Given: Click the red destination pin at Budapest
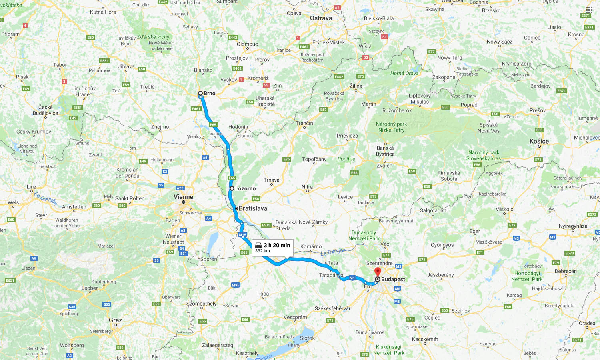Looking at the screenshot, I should (x=377, y=272).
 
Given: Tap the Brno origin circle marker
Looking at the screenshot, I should (x=200, y=94).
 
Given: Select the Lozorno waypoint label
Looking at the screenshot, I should (x=245, y=188).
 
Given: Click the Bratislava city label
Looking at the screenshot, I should (x=253, y=208).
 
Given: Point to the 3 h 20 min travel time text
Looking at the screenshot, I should (x=277, y=245).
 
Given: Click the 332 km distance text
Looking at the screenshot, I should (x=262, y=251).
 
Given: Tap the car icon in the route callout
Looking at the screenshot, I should (x=258, y=245).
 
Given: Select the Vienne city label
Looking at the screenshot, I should (x=183, y=197).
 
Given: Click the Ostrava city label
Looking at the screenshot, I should (x=321, y=18).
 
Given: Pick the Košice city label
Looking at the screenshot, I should (x=539, y=141).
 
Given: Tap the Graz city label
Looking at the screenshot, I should (x=115, y=320).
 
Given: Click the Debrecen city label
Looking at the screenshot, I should (x=566, y=271).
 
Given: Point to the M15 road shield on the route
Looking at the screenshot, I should (x=242, y=235).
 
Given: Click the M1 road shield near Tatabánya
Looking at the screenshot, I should (x=352, y=278).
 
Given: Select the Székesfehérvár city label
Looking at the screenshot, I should (x=332, y=308).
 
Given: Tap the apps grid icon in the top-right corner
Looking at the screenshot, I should (x=589, y=10).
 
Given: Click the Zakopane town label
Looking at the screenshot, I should (x=444, y=77).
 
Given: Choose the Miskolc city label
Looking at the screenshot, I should (x=504, y=209).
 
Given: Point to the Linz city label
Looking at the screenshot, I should (x=31, y=187).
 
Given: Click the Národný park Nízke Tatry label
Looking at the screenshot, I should (x=391, y=127).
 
